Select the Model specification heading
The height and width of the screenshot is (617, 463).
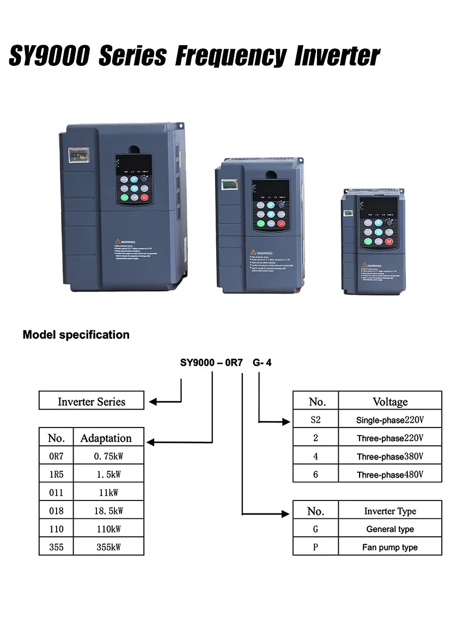76,335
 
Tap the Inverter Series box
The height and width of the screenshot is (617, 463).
92,401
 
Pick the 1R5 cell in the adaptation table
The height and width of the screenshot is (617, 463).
56,474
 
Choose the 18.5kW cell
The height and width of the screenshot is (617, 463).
109,511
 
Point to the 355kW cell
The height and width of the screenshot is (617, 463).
109,547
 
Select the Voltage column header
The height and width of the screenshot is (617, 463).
390,402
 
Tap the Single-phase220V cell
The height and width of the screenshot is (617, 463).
390,420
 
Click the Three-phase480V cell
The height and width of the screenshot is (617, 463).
390,474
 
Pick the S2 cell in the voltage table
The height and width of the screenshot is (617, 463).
316,420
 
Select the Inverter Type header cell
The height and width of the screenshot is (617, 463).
390,511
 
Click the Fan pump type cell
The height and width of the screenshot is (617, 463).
390,547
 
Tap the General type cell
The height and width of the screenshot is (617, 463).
390,529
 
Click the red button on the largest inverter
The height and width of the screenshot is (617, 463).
145,199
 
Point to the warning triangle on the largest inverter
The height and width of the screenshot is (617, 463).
117,241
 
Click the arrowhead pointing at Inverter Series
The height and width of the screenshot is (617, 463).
153,402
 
